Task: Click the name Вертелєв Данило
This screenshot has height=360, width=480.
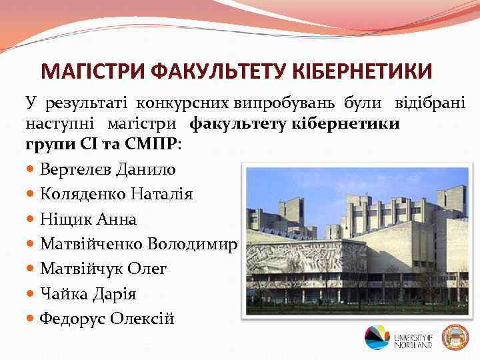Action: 108,170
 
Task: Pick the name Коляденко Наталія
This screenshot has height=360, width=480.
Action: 116,195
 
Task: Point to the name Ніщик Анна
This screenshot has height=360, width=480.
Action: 88,219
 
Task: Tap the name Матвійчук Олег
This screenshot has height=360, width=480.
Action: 103,269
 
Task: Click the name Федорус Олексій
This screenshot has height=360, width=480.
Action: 107,319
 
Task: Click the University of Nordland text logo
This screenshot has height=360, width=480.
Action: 413,339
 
